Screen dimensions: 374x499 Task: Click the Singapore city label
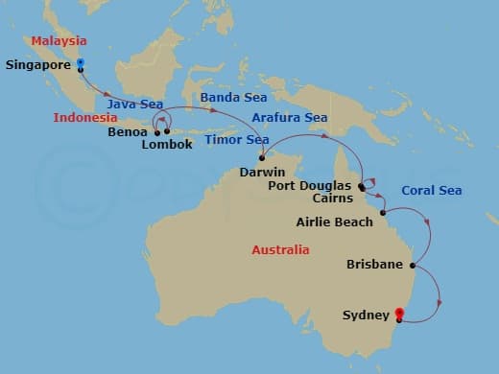(x=38, y=66)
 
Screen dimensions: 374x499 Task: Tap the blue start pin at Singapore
(x=81, y=64)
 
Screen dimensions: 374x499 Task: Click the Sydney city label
(x=366, y=315)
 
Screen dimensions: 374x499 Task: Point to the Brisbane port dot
(x=413, y=266)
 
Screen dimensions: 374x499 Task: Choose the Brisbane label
(x=375, y=264)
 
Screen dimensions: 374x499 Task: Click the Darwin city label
(x=263, y=173)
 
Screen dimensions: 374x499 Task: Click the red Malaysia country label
(x=59, y=41)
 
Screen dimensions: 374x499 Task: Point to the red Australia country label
(x=280, y=249)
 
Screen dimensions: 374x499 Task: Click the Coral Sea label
(x=431, y=190)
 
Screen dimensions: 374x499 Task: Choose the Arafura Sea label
(x=289, y=118)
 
